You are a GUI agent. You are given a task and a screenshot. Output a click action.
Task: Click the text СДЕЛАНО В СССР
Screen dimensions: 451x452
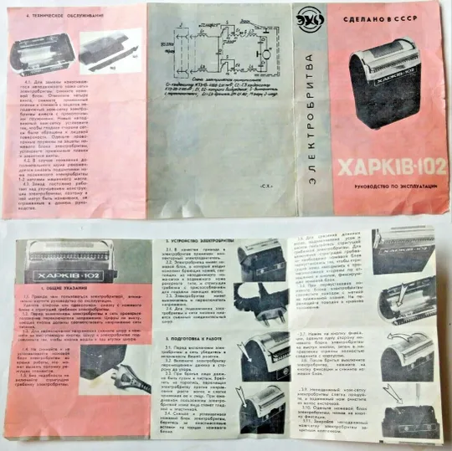click(374, 14)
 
